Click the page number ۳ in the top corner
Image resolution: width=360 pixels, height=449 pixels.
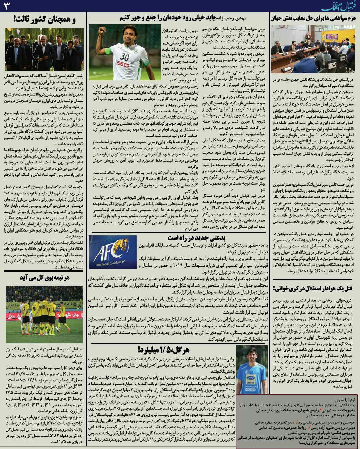point(7,6)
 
